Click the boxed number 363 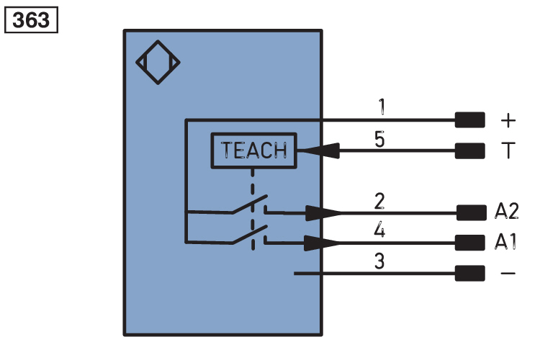31,19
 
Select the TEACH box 253,150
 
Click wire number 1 382,108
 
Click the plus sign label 508,119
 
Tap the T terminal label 508,150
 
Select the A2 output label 508,212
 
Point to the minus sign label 508,274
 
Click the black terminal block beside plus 470,119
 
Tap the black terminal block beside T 470,150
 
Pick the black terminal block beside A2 470,212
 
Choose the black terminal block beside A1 470,243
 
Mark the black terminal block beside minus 470,274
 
